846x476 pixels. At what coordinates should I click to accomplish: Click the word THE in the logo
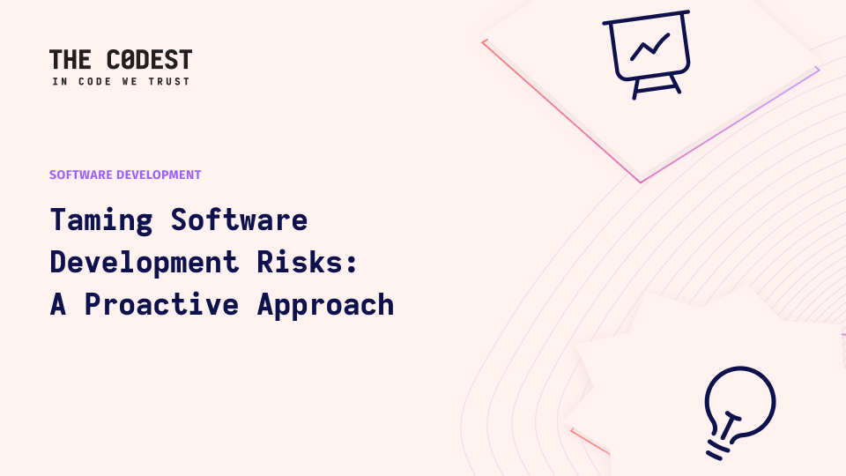click(x=70, y=59)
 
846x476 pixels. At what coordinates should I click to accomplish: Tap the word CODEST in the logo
click(x=150, y=59)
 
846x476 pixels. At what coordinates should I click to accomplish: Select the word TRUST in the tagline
click(x=169, y=81)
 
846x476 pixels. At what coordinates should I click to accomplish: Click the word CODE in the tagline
click(x=95, y=81)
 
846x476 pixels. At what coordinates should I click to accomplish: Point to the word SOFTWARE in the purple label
click(x=81, y=175)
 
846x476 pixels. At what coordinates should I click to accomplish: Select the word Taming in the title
click(x=101, y=220)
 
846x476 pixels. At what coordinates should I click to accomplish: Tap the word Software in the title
click(x=239, y=219)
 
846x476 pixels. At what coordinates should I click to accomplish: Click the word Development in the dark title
click(x=144, y=263)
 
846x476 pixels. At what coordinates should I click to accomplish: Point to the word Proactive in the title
click(x=161, y=304)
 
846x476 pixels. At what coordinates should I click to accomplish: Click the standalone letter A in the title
click(x=58, y=304)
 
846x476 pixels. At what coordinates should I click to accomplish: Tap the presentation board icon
click(x=647, y=55)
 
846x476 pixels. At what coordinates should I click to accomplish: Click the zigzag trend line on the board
click(x=650, y=47)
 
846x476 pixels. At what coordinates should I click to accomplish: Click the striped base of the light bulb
click(x=719, y=450)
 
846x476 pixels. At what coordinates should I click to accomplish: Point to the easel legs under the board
click(x=656, y=87)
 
